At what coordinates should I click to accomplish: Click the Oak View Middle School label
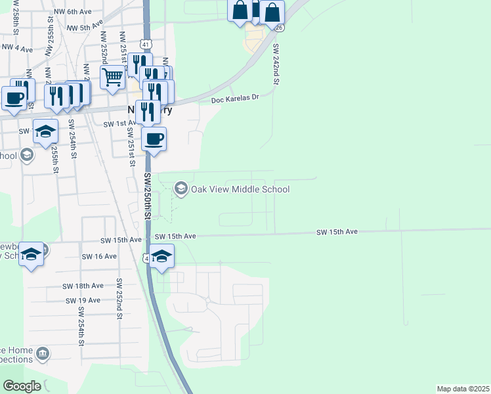point(240,189)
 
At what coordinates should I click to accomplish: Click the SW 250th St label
point(148,196)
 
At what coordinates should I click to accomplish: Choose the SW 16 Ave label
point(98,256)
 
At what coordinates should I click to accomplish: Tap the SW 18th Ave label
point(83,286)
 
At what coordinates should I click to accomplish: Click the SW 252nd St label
point(120,299)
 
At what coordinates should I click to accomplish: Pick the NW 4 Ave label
point(17,48)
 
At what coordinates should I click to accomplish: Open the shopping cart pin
point(113,76)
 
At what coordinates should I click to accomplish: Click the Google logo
point(22,385)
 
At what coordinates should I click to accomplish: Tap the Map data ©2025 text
point(463,389)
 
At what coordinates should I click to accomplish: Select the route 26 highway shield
point(279,28)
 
